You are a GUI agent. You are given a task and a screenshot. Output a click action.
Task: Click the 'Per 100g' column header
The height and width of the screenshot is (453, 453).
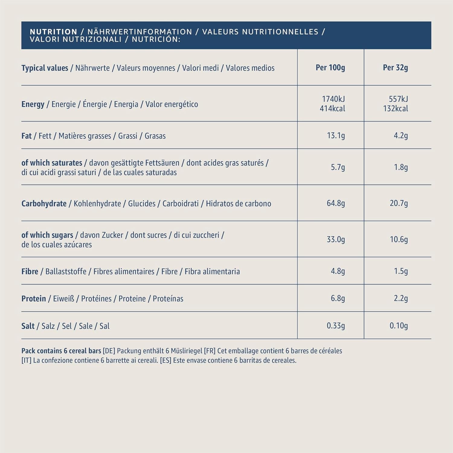(330, 68)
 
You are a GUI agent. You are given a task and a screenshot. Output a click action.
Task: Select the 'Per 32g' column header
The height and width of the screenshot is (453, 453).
(395, 68)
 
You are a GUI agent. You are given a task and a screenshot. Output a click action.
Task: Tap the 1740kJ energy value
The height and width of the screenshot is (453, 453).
(333, 99)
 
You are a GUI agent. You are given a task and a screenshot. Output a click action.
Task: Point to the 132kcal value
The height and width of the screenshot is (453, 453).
(395, 109)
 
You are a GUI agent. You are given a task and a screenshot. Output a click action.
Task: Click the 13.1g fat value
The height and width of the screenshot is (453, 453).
(336, 136)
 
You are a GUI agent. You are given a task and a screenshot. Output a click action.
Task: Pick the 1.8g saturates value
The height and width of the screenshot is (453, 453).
(401, 167)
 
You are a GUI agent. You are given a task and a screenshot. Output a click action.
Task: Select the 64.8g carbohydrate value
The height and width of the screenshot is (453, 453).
(336, 203)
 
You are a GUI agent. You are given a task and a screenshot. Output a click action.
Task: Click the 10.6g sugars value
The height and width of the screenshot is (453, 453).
(399, 239)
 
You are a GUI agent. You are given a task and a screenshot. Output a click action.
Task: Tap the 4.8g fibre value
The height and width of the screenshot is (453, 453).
(338, 271)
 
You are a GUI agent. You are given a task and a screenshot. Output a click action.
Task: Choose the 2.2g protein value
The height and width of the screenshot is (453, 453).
(401, 298)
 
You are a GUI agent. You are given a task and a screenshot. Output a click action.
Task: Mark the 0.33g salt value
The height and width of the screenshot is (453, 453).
(336, 326)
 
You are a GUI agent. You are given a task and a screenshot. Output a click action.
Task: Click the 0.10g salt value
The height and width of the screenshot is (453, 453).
(399, 326)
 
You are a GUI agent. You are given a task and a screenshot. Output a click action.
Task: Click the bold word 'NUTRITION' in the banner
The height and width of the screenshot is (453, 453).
(53, 32)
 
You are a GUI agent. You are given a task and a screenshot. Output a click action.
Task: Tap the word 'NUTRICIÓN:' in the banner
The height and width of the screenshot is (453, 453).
(156, 39)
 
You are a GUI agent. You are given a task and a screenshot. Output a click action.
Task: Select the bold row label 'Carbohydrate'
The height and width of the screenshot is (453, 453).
(44, 204)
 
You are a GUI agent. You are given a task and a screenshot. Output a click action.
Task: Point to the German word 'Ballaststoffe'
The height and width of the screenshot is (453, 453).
(66, 271)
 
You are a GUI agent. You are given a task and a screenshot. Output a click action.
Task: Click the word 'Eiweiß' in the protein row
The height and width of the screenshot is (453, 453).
(63, 299)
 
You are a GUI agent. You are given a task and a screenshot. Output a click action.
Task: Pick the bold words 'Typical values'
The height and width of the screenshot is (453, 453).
(45, 68)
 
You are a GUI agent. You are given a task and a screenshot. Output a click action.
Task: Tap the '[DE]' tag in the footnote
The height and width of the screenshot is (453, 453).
(109, 351)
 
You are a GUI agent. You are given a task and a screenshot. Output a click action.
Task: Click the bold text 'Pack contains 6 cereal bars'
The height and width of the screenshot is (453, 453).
(61, 351)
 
